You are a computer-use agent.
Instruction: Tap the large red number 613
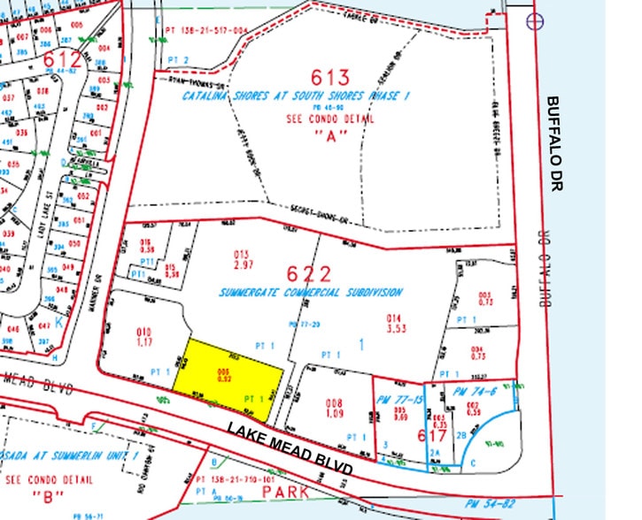(329, 77)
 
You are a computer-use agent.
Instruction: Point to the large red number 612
(63, 61)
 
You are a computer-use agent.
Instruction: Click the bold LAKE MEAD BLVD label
(290, 447)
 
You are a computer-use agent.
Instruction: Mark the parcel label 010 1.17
(143, 336)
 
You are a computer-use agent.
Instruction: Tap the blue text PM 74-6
(470, 390)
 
